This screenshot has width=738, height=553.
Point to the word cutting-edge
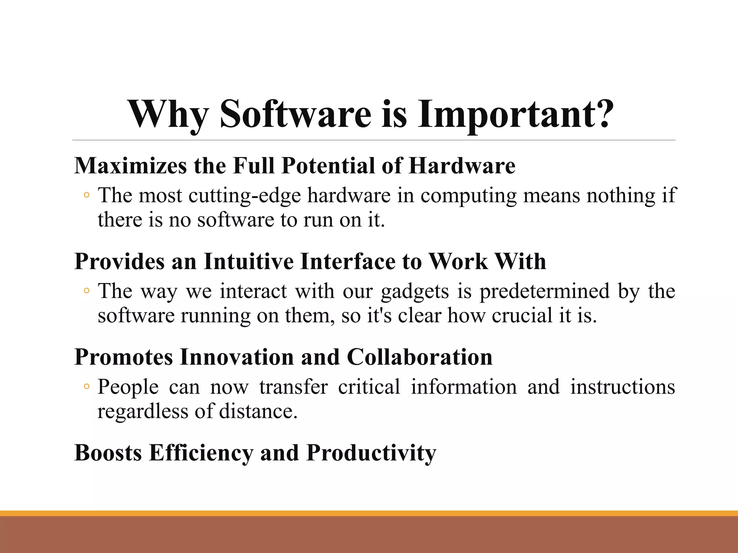tap(245, 196)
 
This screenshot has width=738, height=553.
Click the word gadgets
tap(415, 292)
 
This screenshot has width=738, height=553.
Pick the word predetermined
tap(544, 291)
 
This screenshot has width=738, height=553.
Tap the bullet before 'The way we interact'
tap(86, 291)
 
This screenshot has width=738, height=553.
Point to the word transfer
tap(293, 387)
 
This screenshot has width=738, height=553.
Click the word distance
tap(258, 411)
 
